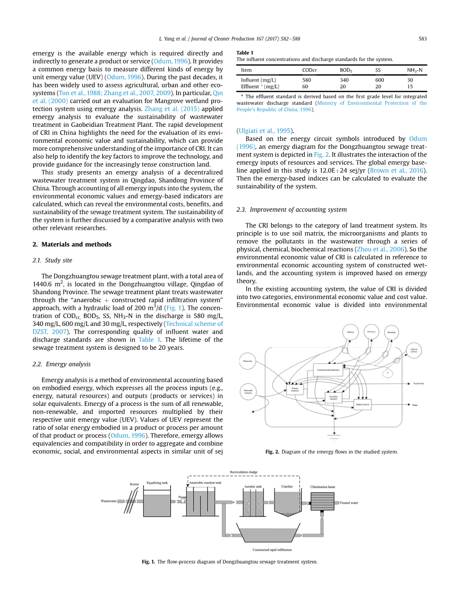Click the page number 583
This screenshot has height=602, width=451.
click(423, 39)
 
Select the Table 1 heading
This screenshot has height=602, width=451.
click(245, 53)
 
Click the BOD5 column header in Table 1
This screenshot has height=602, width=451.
click(346, 70)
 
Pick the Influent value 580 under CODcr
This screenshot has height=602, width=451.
click(306, 80)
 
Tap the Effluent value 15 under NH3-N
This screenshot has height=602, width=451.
click(410, 86)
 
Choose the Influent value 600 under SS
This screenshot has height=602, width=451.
click(379, 80)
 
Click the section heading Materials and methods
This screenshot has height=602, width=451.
click(72, 244)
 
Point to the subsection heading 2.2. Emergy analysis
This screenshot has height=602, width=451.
click(61, 364)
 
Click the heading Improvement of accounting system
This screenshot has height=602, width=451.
click(292, 209)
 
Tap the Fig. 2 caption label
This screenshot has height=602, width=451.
click(272, 452)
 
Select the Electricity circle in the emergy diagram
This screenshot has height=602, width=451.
click(391, 332)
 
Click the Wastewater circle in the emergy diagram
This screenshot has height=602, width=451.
click(248, 361)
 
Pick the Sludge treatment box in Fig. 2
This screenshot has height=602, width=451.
click(362, 404)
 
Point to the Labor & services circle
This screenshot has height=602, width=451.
click(413, 350)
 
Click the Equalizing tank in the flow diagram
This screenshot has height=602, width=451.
click(157, 504)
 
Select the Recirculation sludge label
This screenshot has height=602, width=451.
click(243, 472)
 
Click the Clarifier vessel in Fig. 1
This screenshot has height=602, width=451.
click(287, 503)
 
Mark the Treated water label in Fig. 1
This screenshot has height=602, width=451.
click(349, 503)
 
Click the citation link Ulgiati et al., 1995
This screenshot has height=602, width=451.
click(264, 130)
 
